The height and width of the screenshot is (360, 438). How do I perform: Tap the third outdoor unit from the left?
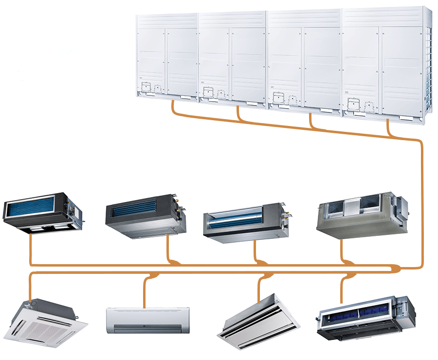pos(304,58)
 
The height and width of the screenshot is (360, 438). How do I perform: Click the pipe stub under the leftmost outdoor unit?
pos(173,107)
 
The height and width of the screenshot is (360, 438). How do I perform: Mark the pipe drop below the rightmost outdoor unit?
pos(388,128)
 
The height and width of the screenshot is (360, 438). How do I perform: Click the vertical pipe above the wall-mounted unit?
pos(145,292)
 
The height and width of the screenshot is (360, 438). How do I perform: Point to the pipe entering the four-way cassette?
pos(30,289)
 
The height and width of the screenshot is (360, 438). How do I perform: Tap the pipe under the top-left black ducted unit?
pos(31,248)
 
